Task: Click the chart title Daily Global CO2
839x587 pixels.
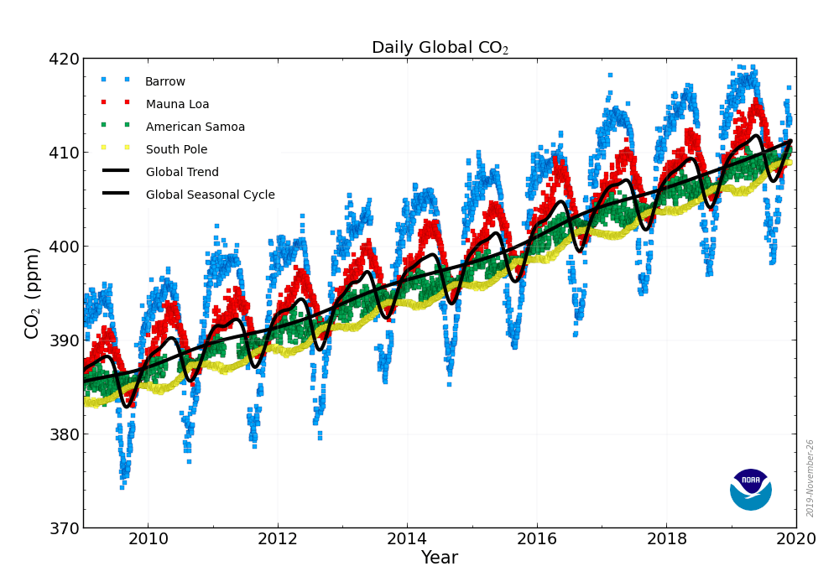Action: [440, 48]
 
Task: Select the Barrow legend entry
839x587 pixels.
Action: [165, 82]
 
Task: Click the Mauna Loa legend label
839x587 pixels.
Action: [177, 105]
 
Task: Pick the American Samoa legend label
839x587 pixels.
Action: [195, 127]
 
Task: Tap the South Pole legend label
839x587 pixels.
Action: [176, 150]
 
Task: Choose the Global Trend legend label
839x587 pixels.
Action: [182, 173]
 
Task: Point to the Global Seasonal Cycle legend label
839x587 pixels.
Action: [210, 195]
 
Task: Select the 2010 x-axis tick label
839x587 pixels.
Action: [149, 538]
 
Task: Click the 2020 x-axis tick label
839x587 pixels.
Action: [796, 538]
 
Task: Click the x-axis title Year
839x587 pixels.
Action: [439, 558]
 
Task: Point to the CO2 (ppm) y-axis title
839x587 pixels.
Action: [33, 293]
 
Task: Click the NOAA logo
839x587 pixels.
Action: [750, 489]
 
